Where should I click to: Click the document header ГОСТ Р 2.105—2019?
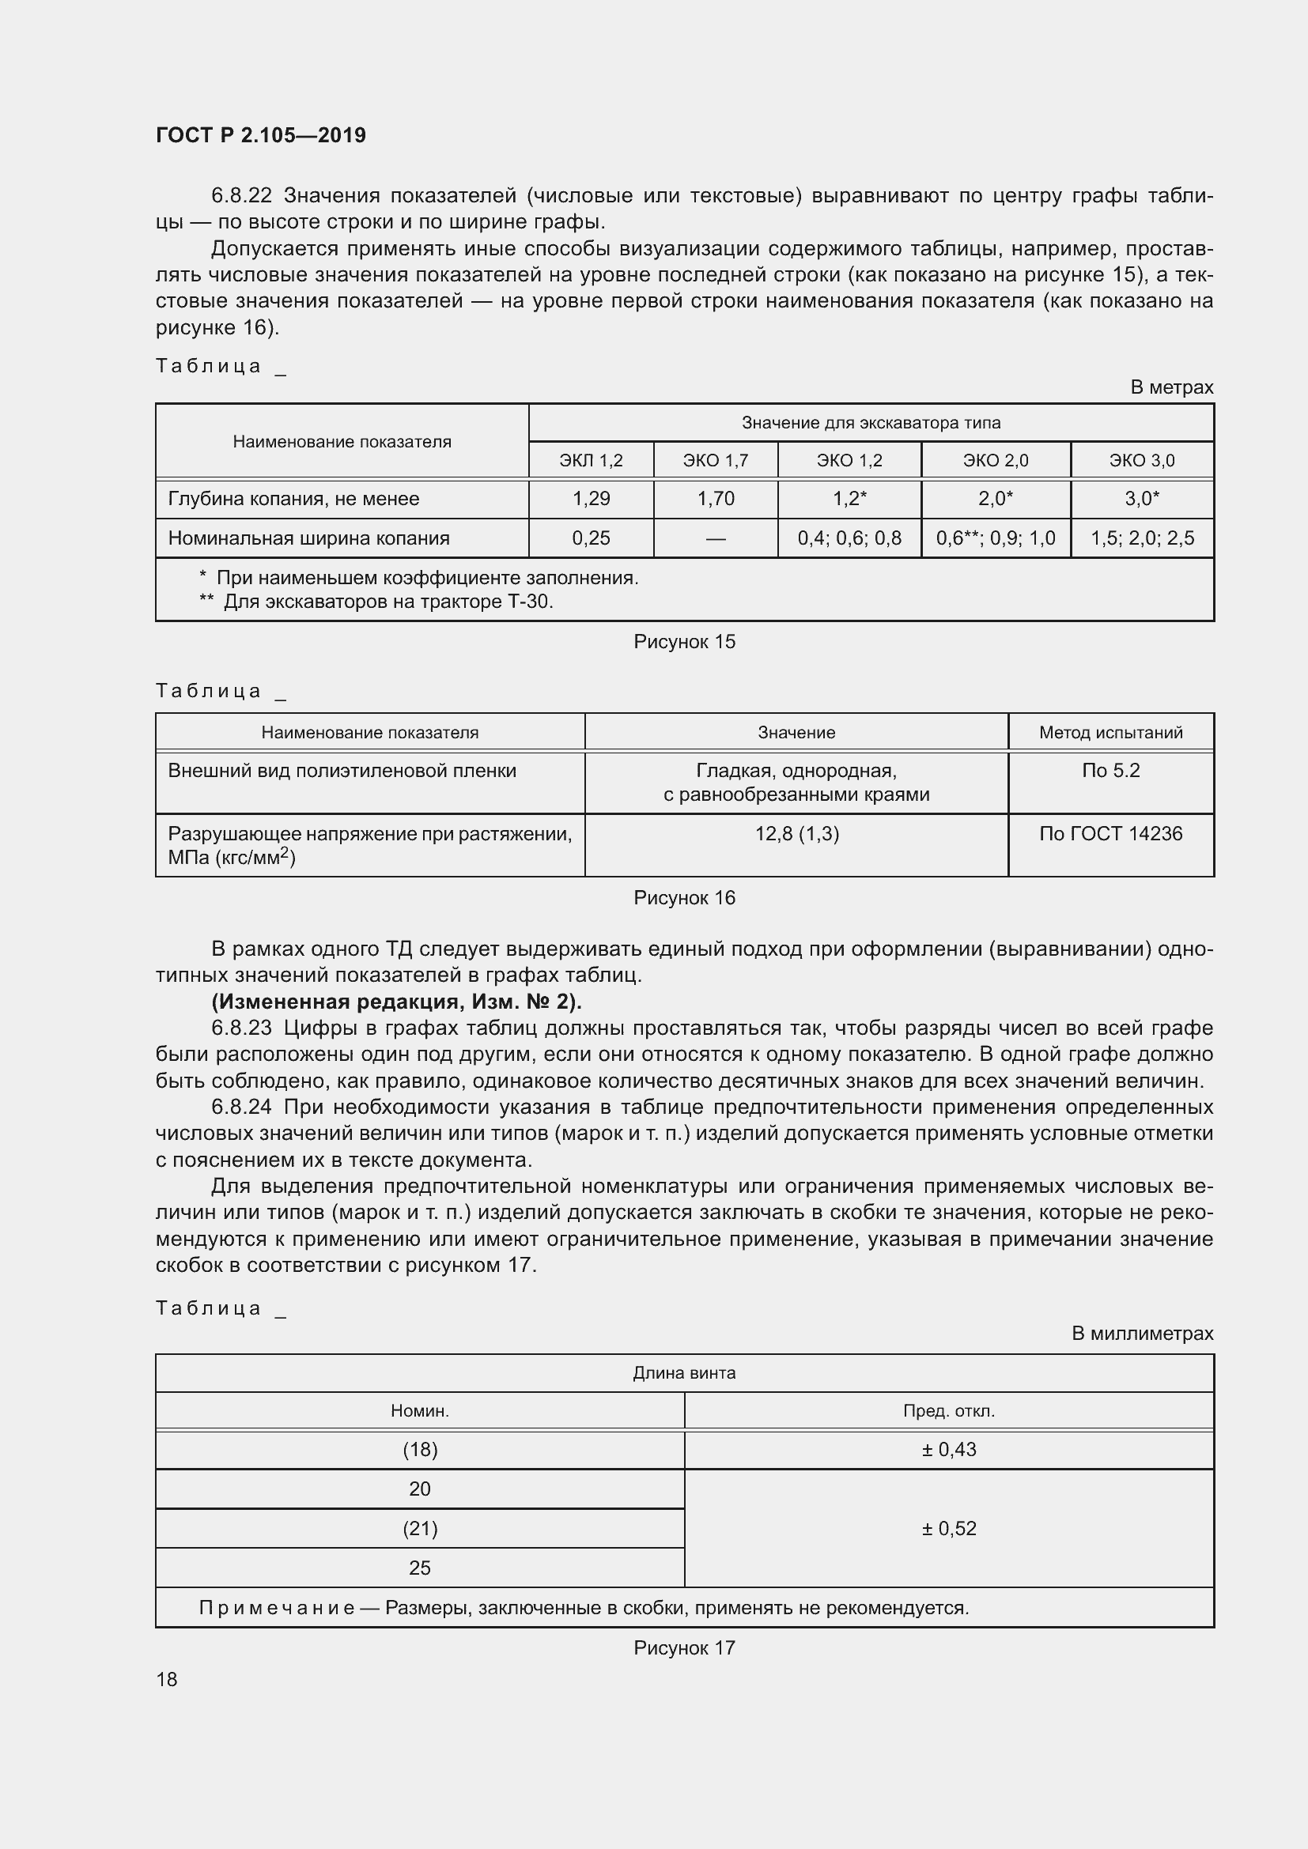point(260,135)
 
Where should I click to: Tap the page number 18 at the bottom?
point(167,1679)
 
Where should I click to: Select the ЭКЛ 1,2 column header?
point(591,461)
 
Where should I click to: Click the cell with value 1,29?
point(591,499)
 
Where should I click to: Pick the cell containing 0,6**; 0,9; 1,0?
point(996,538)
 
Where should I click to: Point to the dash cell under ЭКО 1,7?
point(715,538)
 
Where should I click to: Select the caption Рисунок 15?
point(684,642)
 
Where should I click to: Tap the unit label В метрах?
point(1171,387)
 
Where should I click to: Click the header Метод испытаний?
point(1110,732)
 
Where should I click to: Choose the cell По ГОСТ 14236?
point(1110,833)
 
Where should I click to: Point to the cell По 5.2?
point(1110,771)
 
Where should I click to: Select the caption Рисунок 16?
point(684,898)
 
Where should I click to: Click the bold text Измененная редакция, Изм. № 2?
point(396,1002)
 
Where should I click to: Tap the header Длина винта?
point(684,1373)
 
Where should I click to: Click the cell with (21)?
point(420,1529)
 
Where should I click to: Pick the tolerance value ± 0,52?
point(949,1529)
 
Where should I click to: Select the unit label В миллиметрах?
point(1141,1334)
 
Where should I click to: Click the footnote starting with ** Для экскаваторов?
point(376,602)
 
